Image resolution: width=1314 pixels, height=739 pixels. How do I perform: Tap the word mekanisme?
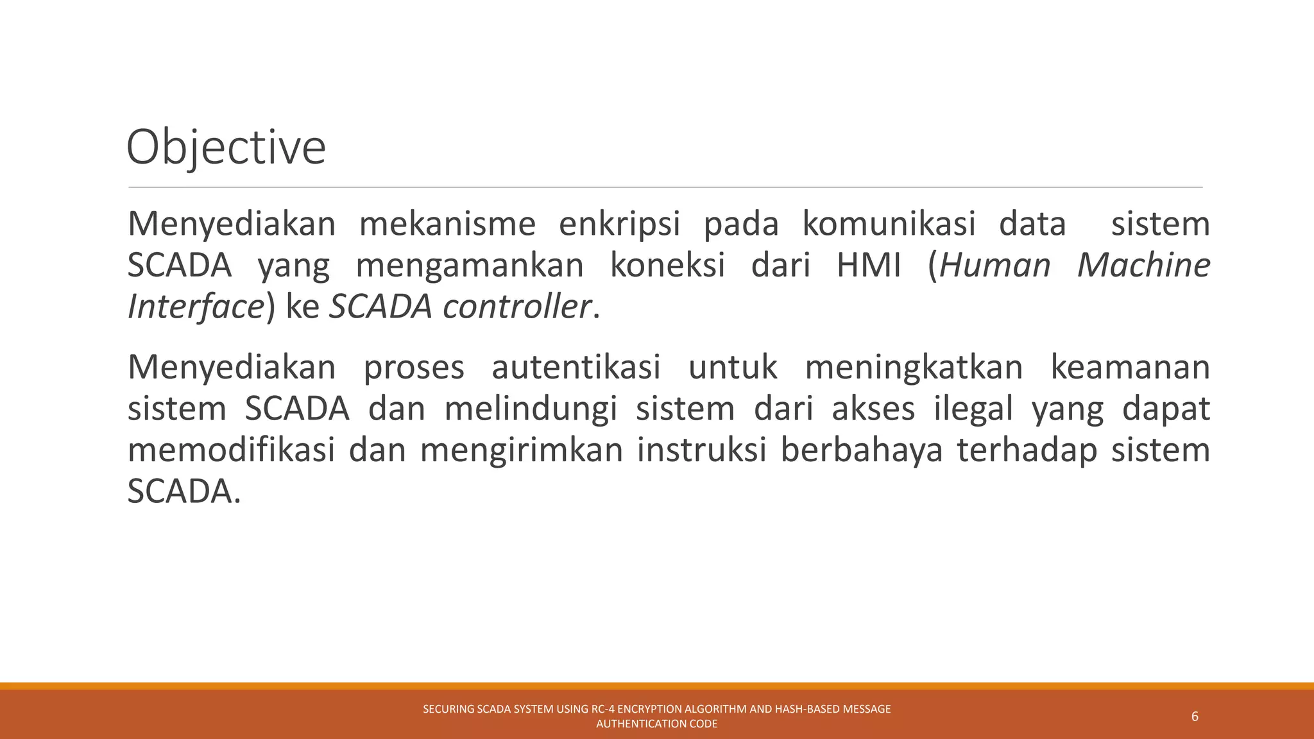click(447, 225)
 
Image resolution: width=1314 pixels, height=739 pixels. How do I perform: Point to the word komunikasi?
click(889, 225)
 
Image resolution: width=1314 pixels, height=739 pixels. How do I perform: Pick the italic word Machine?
click(1143, 266)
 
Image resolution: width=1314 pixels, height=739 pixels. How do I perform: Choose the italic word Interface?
click(196, 307)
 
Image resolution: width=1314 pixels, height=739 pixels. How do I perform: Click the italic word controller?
click(516, 307)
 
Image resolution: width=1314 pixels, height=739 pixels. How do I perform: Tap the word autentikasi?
click(576, 368)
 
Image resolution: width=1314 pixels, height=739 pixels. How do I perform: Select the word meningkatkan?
click(914, 368)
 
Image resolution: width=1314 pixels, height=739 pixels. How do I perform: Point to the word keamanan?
click(1130, 368)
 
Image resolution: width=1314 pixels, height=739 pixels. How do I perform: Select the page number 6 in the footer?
click(1195, 717)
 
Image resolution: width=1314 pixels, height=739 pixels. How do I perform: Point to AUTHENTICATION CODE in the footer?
click(657, 724)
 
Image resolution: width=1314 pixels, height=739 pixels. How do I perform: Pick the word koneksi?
click(667, 266)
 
